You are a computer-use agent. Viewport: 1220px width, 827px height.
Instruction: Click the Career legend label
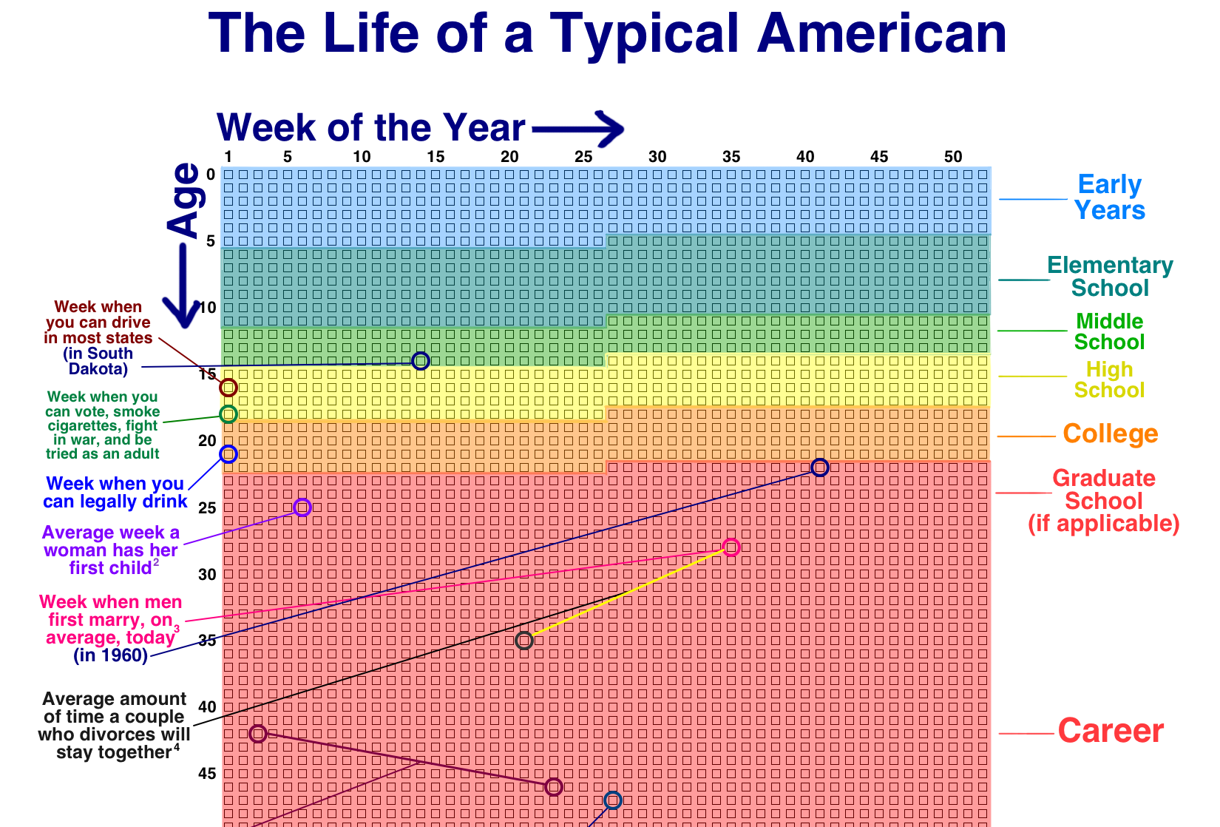[x=1111, y=731]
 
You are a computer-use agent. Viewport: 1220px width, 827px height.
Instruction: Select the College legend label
[x=1110, y=434]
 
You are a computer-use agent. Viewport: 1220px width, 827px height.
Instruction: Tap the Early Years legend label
[x=1109, y=197]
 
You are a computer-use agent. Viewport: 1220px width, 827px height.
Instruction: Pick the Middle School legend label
[x=1109, y=331]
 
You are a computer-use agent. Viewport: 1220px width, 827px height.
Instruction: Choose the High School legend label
[x=1109, y=379]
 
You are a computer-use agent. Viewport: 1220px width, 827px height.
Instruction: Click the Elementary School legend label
[x=1110, y=277]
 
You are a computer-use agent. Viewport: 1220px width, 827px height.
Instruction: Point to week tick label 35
[x=731, y=157]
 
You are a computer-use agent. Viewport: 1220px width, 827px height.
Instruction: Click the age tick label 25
[x=207, y=508]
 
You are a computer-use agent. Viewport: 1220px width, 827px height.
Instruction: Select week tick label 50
[x=953, y=157]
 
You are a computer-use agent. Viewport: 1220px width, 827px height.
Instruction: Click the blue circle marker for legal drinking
[x=228, y=454]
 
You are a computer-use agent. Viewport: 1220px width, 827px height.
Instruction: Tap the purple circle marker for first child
[x=302, y=507]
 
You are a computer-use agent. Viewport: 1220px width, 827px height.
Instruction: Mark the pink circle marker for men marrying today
[x=731, y=547]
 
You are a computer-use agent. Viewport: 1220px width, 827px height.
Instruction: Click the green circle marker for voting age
[x=228, y=414]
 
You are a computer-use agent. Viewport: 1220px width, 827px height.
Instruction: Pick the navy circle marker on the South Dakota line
[x=420, y=361]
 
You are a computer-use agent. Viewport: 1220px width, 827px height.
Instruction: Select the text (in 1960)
[x=110, y=655]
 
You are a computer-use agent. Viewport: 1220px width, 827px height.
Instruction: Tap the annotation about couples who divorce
[x=115, y=726]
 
